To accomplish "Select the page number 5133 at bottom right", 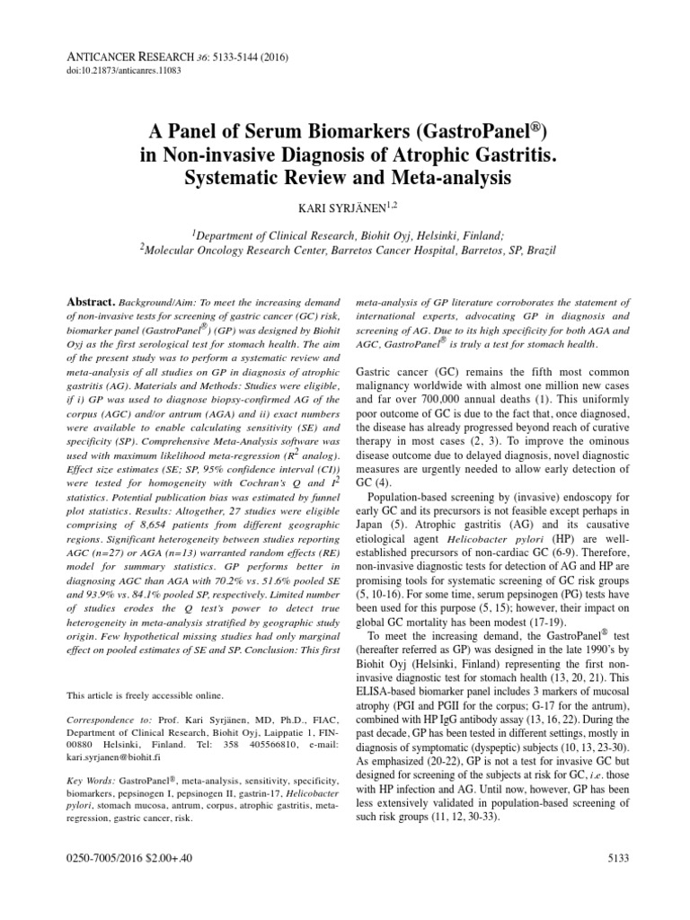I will point(619,886).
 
